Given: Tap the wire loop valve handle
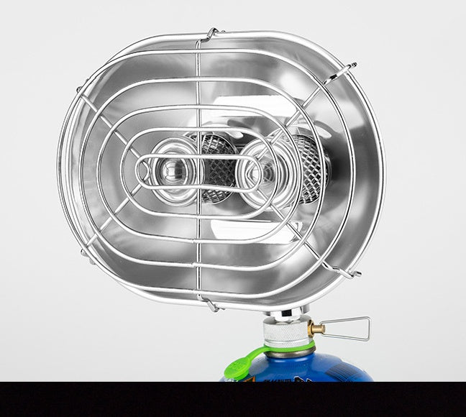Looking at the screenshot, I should point(349,329).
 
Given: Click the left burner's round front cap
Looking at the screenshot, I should point(172,170).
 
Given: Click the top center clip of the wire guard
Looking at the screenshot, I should point(211,34).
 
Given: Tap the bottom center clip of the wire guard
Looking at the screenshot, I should point(209,304).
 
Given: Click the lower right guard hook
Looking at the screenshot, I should point(344,271).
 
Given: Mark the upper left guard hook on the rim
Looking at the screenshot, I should point(81,88).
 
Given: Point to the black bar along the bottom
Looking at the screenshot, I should point(233,399).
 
